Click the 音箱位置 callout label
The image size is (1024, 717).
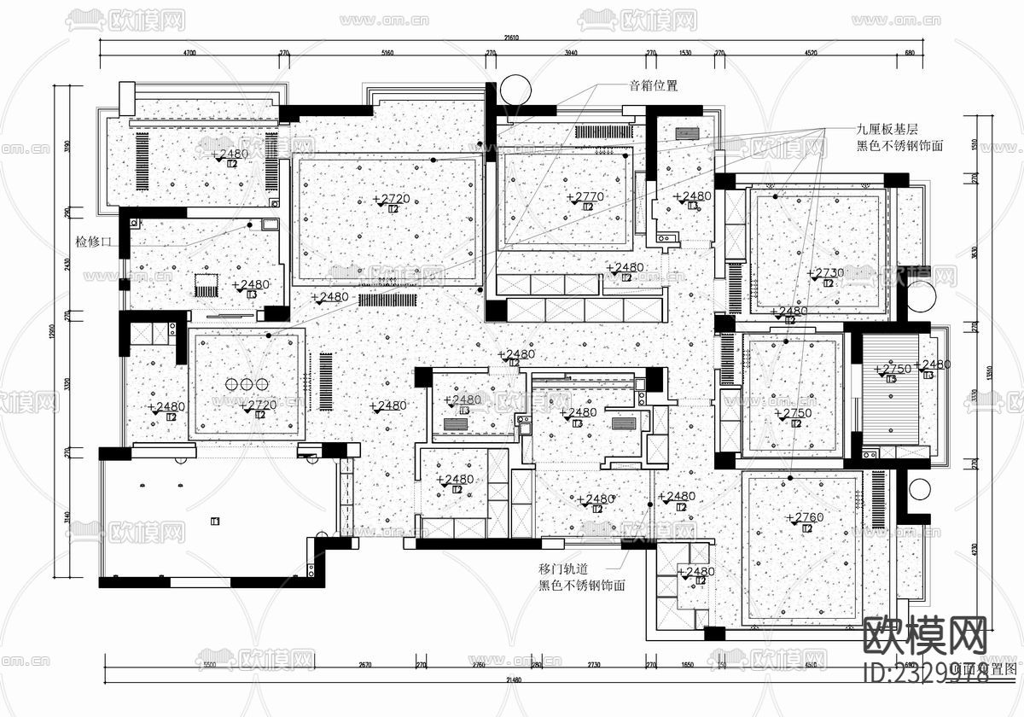653,85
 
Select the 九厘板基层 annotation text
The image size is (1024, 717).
887,130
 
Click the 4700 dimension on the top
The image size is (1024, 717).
189,53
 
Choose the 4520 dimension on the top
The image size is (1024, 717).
809,53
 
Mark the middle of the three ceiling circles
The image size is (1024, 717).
246,385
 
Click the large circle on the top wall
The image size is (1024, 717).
515,89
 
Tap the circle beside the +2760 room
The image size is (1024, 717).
919,490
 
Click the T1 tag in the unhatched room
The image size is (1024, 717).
215,521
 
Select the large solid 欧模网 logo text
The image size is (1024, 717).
926,636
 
